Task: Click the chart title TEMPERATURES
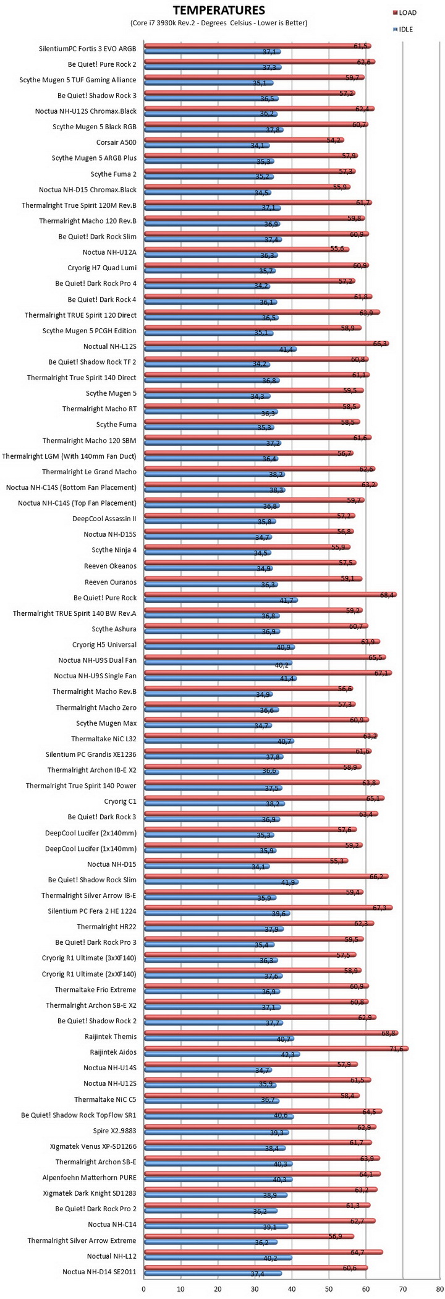218,11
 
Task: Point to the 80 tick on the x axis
439,1288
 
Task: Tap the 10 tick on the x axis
180,1288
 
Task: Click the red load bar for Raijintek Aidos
276,1048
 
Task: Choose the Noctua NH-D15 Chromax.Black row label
88,190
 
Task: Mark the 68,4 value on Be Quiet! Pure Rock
388,595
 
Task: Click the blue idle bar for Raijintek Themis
219,1039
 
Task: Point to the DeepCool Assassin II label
104,519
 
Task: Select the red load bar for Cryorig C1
265,798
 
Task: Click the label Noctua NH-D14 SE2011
100,1272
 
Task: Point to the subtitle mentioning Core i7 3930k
219,23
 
